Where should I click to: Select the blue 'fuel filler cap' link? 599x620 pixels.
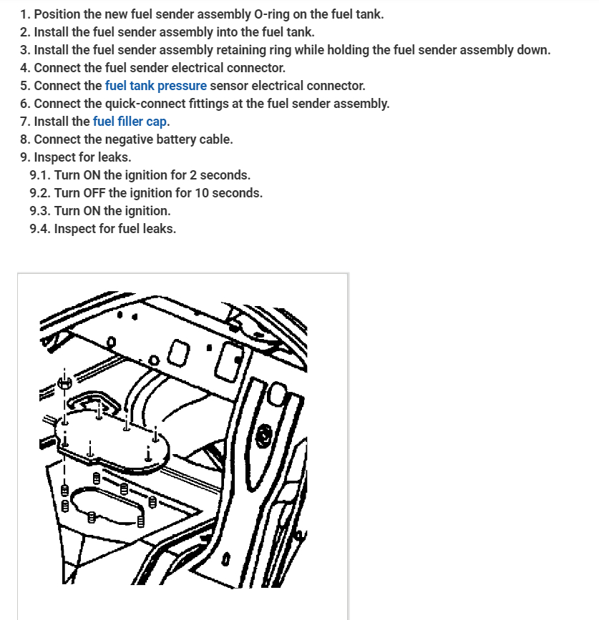pyautogui.click(x=131, y=122)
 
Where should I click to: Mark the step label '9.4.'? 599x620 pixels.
pyautogui.click(x=40, y=229)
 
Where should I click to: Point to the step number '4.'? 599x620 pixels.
pyautogui.click(x=26, y=68)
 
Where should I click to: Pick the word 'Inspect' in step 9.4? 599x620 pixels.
pyautogui.click(x=76, y=229)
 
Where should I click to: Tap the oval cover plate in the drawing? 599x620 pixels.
pyautogui.click(x=115, y=440)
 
